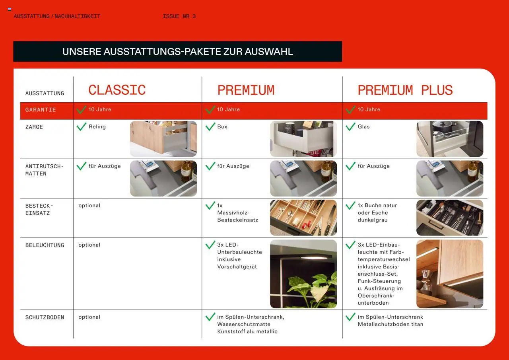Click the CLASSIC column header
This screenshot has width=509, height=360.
tap(117, 90)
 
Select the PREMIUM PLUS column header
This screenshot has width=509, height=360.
tap(405, 90)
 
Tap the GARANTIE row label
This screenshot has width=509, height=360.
tap(41, 110)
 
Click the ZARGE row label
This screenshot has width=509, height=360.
tap(34, 127)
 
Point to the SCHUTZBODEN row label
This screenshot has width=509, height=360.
tap(45, 317)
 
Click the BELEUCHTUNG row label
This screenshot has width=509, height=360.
tap(45, 245)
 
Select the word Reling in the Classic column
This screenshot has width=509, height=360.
tap(97, 126)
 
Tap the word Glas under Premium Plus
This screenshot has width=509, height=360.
tap(363, 126)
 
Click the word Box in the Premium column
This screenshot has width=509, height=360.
tap(222, 126)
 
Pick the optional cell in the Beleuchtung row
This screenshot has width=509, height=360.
tap(89, 245)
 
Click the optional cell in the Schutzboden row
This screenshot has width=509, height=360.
tap(89, 317)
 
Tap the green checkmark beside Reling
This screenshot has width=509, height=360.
tap(82, 126)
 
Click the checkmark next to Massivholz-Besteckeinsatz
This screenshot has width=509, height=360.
tap(210, 205)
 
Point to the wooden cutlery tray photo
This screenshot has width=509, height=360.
tap(303, 218)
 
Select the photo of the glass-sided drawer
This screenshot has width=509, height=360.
tap(450, 139)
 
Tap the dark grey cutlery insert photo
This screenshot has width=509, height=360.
tap(450, 218)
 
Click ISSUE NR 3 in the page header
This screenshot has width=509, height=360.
tap(179, 16)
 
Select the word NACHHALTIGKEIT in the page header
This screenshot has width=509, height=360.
tap(77, 16)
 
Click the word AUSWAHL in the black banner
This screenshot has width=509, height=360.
tap(269, 52)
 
